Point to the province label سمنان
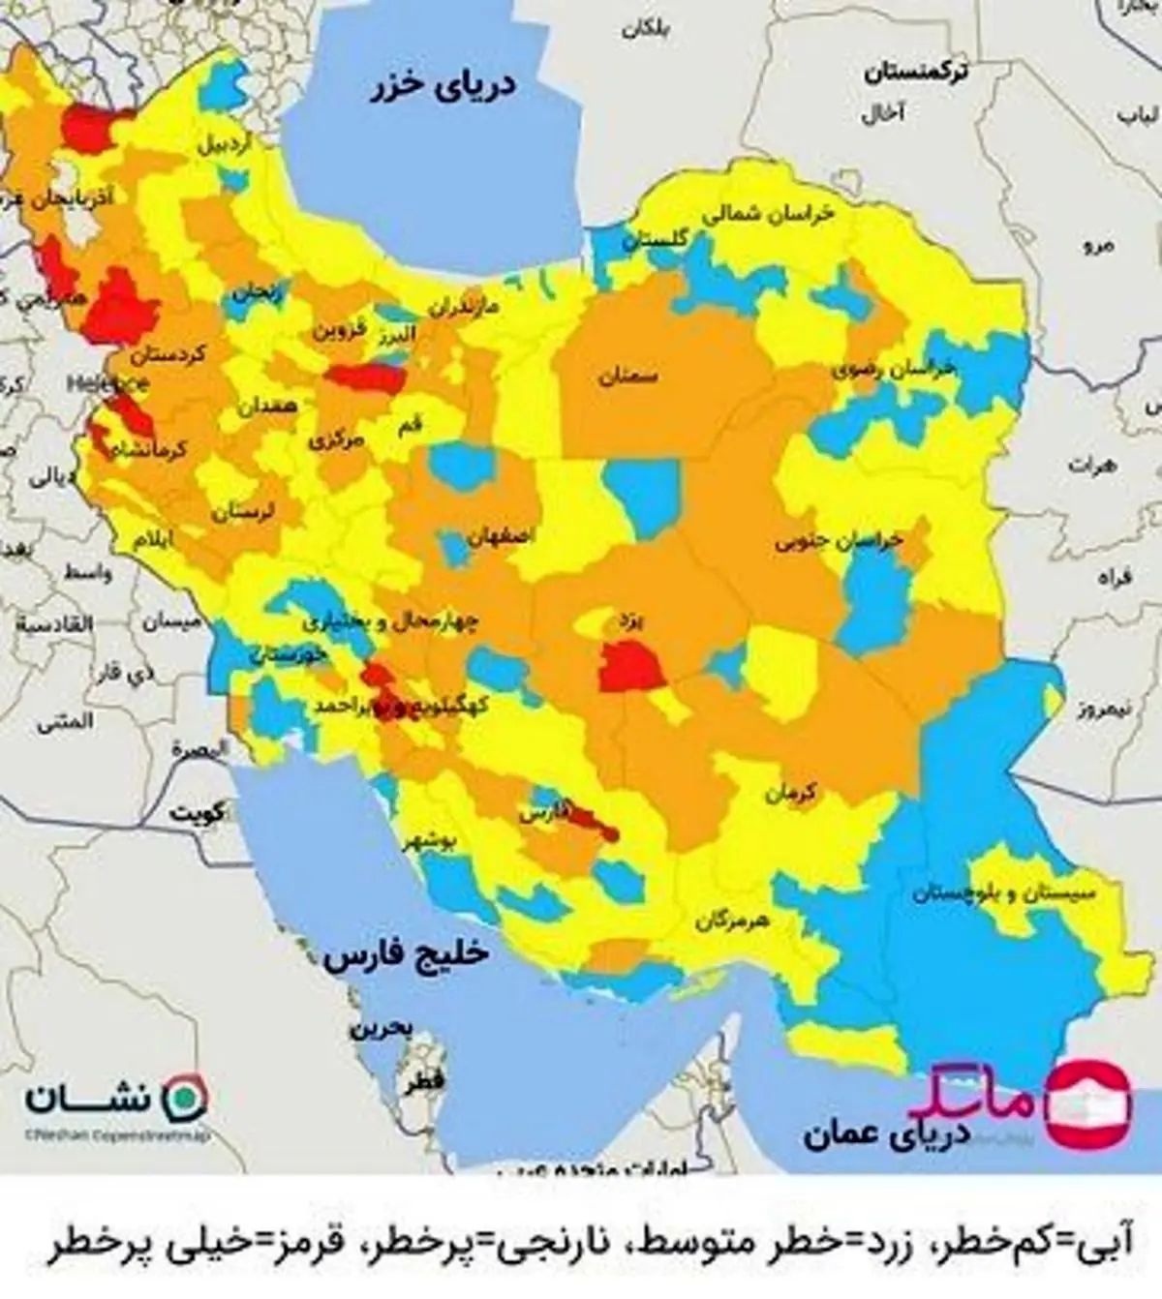click(627, 377)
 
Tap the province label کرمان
click(791, 794)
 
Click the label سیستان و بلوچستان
click(1003, 893)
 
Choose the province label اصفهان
click(500, 535)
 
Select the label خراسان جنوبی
click(839, 541)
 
